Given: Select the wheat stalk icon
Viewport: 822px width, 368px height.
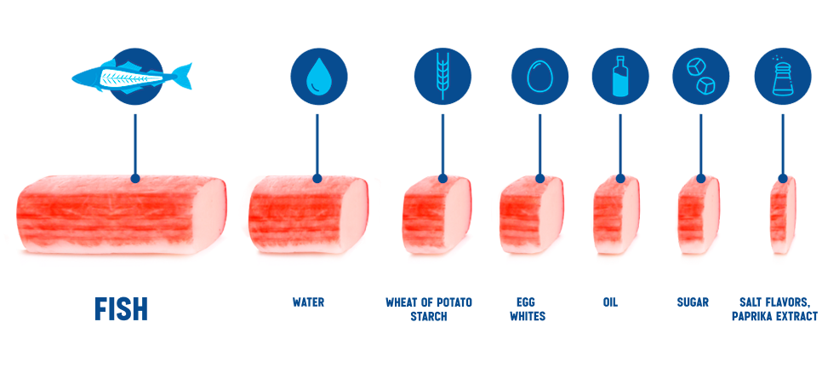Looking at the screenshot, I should click(442, 74).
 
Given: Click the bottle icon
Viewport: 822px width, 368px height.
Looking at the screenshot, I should click(621, 76).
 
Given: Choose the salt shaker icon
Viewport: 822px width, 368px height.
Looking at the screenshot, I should click(782, 76).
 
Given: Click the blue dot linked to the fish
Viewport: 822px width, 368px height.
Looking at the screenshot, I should click(134, 178).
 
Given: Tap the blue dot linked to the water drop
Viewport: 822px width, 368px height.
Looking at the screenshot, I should click(318, 178).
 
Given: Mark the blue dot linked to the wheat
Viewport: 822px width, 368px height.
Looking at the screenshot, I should click(442, 178).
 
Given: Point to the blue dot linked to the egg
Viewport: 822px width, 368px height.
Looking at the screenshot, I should click(539, 178).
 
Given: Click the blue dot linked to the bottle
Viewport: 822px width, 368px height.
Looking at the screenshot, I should click(621, 178).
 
